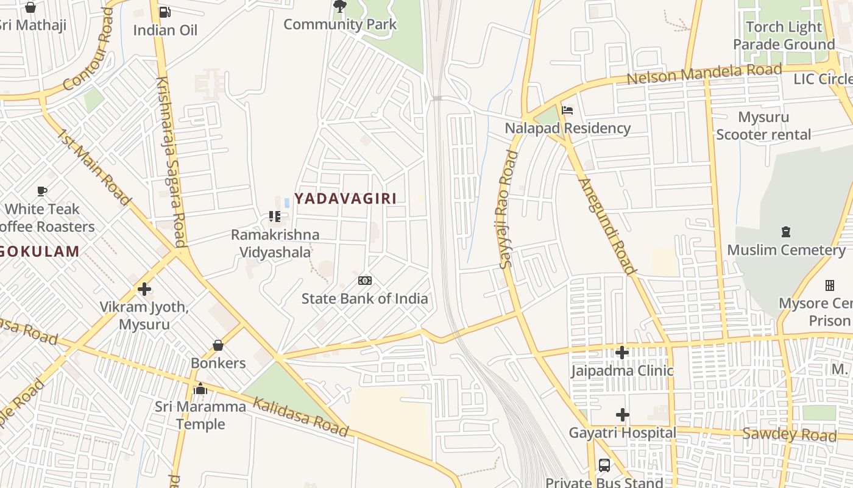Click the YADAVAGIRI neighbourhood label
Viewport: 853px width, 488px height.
pos(345,198)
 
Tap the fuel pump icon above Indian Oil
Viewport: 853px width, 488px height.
pos(165,12)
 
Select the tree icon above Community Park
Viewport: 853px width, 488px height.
pos(340,7)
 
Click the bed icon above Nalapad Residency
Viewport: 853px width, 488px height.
pos(567,110)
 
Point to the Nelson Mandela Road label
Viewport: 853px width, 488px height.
pos(704,74)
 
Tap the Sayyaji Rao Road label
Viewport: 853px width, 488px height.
pos(508,209)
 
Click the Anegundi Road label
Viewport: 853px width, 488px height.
pos(607,226)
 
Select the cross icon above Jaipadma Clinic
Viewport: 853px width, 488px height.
pos(621,353)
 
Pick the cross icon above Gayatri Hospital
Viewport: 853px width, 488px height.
pos(622,415)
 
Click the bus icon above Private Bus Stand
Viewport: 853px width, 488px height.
pos(604,465)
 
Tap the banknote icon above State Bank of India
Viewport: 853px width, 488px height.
pos(365,281)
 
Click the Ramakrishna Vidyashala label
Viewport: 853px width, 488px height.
pos(275,243)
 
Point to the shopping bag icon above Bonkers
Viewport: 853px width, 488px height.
pos(218,345)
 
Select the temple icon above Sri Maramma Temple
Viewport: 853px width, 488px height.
pos(200,389)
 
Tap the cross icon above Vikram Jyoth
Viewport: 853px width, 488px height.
pos(144,289)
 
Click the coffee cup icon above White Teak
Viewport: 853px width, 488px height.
pos(42,192)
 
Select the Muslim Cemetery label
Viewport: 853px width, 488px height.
pos(786,250)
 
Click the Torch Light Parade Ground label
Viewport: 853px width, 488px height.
pos(784,36)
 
